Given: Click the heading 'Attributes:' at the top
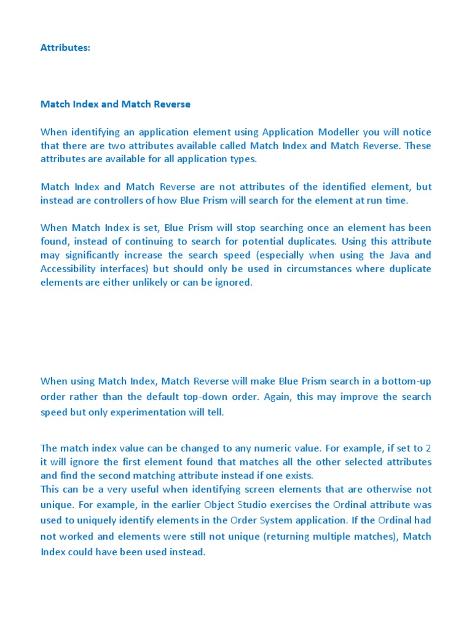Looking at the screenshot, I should click(65, 48).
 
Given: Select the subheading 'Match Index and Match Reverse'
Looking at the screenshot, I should click(116, 104).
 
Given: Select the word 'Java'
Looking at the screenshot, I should click(402, 255).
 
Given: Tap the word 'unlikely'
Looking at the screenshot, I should click(157, 283).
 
